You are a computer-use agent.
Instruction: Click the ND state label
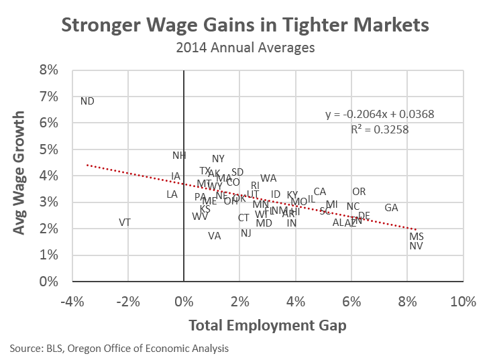tap(87, 101)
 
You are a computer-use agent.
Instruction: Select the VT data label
tap(125, 222)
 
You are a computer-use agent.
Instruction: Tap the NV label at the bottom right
tap(416, 246)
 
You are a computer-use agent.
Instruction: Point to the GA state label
tap(392, 208)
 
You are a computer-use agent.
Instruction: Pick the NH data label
tap(179, 156)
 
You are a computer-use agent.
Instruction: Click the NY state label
tap(218, 159)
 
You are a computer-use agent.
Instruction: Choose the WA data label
tap(268, 178)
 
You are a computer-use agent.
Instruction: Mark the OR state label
tap(359, 192)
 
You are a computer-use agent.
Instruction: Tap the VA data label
tap(214, 235)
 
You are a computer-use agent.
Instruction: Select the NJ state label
tap(246, 233)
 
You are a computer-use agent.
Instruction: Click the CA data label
tap(320, 192)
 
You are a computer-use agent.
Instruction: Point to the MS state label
tap(417, 237)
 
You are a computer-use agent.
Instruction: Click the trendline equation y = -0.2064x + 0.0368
tap(380, 114)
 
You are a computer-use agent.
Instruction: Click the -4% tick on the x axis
tap(72, 301)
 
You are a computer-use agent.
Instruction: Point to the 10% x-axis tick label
tap(463, 301)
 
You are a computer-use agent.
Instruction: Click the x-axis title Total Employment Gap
tap(267, 325)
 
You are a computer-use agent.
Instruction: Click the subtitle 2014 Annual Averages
tap(244, 48)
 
